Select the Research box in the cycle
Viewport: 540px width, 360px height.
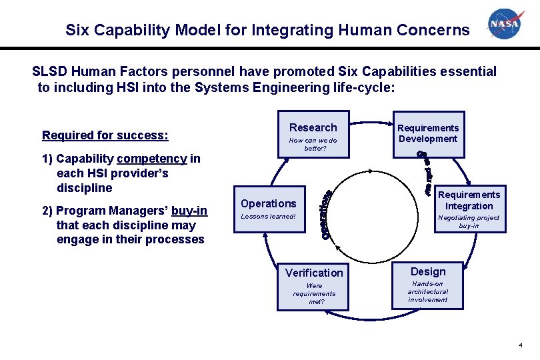[x=313, y=135]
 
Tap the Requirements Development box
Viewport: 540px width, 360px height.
[x=428, y=134]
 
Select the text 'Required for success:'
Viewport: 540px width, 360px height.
[x=105, y=135]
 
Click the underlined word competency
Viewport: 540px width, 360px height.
[x=151, y=159]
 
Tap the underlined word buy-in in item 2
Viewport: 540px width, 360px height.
[x=189, y=211]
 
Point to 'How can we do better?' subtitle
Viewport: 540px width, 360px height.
[x=313, y=144]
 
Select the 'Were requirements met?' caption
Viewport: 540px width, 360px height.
[x=314, y=293]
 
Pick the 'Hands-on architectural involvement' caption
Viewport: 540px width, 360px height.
[x=428, y=291]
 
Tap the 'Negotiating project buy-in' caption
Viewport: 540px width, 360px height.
[x=469, y=221]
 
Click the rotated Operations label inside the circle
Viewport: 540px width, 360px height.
[x=327, y=214]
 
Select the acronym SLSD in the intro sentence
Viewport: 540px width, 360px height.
[x=50, y=71]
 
